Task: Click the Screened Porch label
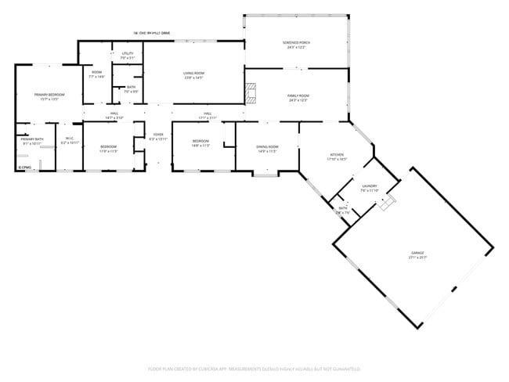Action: pyautogui.click(x=295, y=45)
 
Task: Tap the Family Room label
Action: pyautogui.click(x=298, y=97)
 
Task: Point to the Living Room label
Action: pyautogui.click(x=193, y=75)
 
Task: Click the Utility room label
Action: pyautogui.click(x=128, y=56)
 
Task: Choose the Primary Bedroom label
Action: pyautogui.click(x=49, y=97)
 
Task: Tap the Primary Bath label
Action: pyautogui.click(x=33, y=142)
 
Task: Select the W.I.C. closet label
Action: pyautogui.click(x=70, y=142)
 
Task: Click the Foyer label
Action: pyautogui.click(x=158, y=137)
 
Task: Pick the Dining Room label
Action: pyautogui.click(x=268, y=149)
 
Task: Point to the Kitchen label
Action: pyautogui.click(x=337, y=157)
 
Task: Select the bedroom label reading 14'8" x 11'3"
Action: pyautogui.click(x=201, y=143)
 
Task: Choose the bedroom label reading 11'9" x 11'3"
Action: pyautogui.click(x=108, y=149)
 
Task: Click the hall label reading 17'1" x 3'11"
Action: pyautogui.click(x=208, y=116)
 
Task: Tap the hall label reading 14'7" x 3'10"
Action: pyautogui.click(x=114, y=116)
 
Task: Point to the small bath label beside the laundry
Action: pyautogui.click(x=343, y=210)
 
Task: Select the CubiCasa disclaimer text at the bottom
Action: pyautogui.click(x=254, y=368)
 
